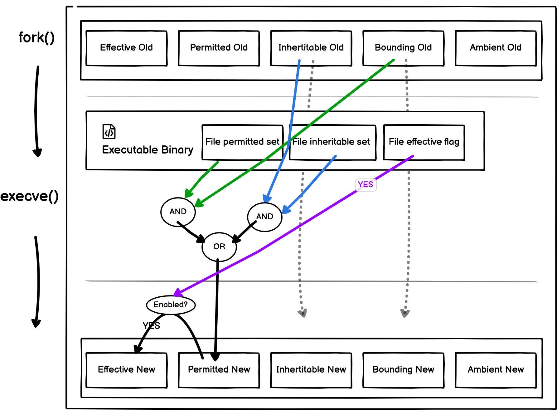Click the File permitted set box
[242, 142]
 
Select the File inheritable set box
[331, 142]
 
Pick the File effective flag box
[424, 142]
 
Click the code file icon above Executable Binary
[109, 131]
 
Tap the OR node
[219, 246]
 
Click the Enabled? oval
[171, 305]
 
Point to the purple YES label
[366, 184]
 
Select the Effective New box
[126, 370]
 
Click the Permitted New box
[219, 370]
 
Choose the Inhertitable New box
[311, 370]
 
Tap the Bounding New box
[403, 370]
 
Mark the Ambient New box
[496, 370]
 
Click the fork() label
[36, 37]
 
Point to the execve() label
[30, 196]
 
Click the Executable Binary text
[148, 150]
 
